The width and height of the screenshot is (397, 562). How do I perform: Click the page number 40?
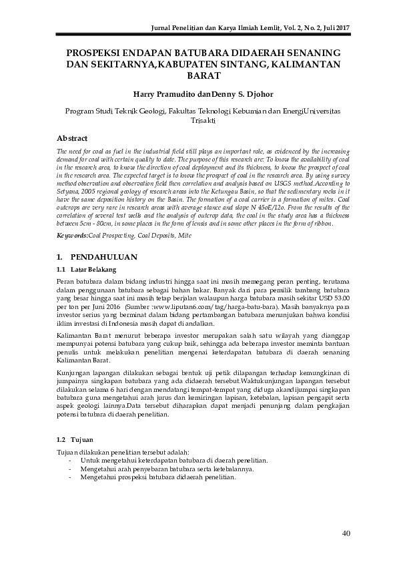tap(346, 532)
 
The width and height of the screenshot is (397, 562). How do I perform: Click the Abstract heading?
tap(73, 137)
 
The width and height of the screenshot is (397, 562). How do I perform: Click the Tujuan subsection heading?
tap(81, 440)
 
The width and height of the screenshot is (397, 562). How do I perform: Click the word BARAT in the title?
tap(199, 76)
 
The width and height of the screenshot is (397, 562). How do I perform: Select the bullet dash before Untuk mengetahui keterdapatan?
tap(70, 461)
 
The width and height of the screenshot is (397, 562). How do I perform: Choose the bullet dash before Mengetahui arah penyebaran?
tap(70, 469)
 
